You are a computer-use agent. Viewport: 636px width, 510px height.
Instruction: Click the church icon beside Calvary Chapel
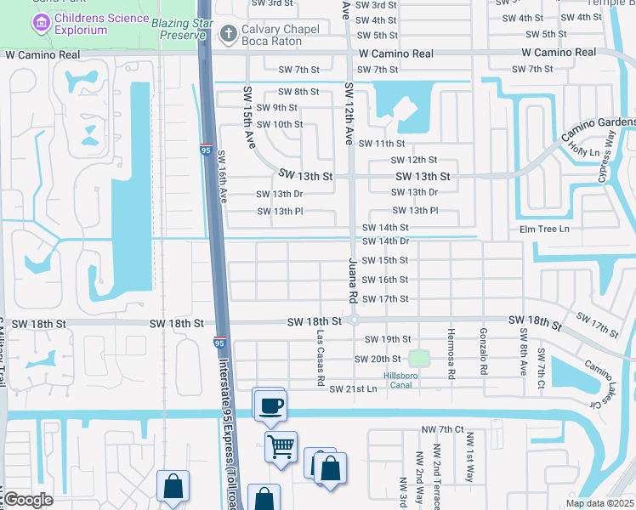pos(227,35)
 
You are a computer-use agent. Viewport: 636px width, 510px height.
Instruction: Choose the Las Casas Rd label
pos(320,348)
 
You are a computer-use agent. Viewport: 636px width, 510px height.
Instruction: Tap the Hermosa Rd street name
pos(451,353)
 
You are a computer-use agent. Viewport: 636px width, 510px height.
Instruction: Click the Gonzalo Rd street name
pos(483,351)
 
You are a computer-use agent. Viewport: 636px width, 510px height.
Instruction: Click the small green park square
pos(418,359)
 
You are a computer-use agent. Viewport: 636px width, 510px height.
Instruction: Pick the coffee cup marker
pos(270,405)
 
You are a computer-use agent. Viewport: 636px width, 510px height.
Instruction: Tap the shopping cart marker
pos(281,445)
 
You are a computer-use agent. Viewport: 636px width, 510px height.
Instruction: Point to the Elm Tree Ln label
pos(544,229)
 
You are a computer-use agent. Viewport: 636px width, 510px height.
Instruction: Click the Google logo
pos(28,500)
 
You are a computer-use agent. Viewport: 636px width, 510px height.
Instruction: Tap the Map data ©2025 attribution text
pos(599,503)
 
